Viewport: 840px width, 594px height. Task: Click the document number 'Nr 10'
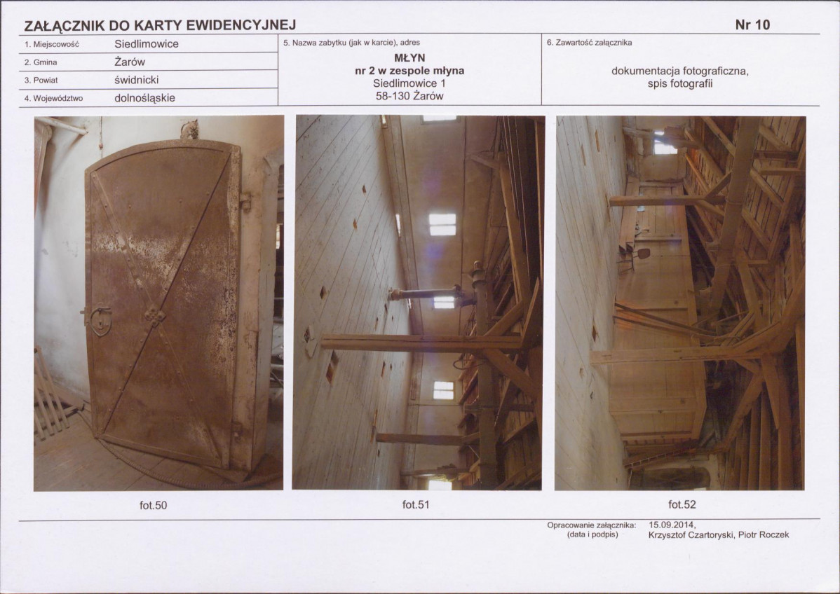tap(752, 25)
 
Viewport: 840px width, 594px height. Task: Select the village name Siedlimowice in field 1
tap(147, 44)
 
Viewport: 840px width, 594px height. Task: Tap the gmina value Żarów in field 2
tap(130, 62)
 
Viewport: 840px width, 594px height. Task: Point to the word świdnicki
tap(137, 80)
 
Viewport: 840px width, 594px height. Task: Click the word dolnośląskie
tap(144, 98)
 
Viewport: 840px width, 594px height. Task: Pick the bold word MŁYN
tap(409, 58)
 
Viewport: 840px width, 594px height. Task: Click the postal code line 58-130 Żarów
tap(409, 97)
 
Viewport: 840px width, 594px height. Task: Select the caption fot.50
tap(154, 505)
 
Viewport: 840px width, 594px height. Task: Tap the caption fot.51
tap(416, 504)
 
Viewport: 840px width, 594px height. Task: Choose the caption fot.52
tap(682, 504)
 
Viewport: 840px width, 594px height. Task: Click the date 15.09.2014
tap(672, 525)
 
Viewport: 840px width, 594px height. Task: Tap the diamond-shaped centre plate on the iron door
tap(154, 316)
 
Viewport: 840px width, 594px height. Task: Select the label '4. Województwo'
tap(53, 99)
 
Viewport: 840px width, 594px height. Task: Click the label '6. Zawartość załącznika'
tap(589, 42)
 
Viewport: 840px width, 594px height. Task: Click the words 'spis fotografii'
tap(680, 83)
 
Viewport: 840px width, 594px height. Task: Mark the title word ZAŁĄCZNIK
tap(65, 25)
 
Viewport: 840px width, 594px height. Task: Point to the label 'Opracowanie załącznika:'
tap(591, 525)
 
